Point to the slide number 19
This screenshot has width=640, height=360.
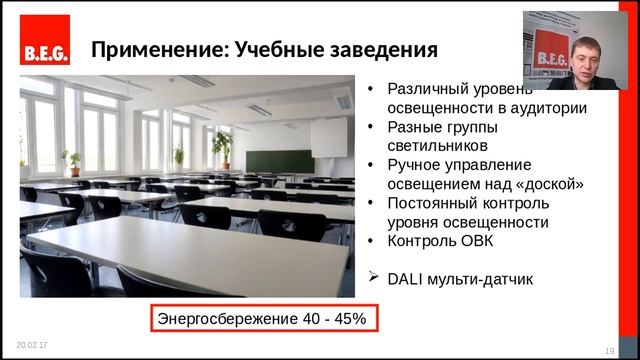click(x=609, y=349)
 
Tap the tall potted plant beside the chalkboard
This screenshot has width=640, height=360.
click(x=222, y=148)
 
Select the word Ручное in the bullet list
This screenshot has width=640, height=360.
click(x=412, y=165)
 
